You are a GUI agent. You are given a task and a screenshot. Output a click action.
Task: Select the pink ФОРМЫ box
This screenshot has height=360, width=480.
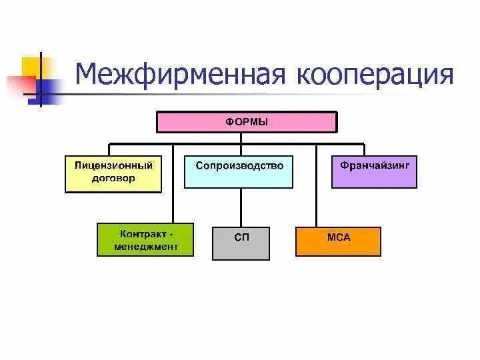pos(247,122)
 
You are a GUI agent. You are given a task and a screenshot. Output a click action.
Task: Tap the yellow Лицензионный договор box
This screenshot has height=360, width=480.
pos(113,173)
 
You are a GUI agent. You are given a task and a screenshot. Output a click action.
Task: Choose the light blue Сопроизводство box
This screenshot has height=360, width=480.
pos(239,171)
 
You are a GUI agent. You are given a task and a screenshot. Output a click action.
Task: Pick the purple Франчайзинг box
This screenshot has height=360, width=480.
pos(374,171)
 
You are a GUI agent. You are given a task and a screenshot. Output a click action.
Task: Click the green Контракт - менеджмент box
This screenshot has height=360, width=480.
pos(146,240)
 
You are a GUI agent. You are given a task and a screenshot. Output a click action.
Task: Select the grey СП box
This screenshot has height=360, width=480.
pos(241,243)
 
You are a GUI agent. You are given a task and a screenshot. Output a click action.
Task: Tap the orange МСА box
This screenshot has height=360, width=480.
pos(338,241)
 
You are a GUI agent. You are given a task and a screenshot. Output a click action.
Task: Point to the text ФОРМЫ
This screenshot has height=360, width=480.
pos(247,121)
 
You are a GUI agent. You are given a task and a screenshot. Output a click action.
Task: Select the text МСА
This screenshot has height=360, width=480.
pos(339,237)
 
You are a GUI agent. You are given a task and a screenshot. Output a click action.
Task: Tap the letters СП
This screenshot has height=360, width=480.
pos(241,237)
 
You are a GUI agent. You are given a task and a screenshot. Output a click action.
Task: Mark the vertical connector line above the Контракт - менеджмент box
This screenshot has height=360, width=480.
pos(173,187)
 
